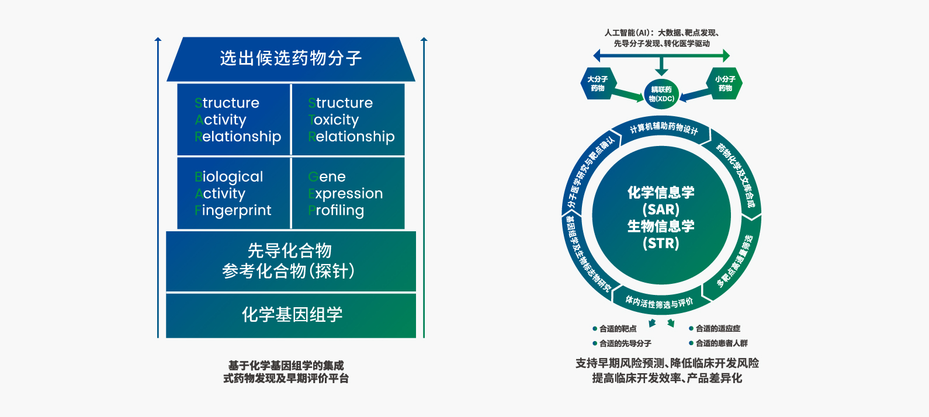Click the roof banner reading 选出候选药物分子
click(290, 58)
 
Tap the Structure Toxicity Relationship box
click(348, 120)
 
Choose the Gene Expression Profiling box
click(348, 193)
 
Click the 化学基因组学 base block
click(291, 315)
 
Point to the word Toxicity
click(334, 120)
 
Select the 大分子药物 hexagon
click(597, 84)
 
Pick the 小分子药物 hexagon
click(725, 84)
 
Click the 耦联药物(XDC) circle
click(661, 94)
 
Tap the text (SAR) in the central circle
click(661, 209)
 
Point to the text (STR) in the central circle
click(661, 243)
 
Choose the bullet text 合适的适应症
click(717, 329)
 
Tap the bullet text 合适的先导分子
click(625, 343)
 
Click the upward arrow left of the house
click(158, 187)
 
